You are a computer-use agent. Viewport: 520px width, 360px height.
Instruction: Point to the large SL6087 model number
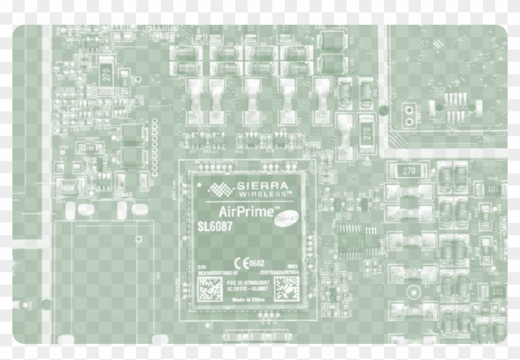point(215,227)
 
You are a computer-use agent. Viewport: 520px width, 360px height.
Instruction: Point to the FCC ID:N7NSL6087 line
point(248,282)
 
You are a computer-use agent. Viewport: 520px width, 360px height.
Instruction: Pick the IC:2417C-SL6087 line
point(248,288)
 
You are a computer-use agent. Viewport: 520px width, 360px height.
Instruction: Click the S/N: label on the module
point(201,265)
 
